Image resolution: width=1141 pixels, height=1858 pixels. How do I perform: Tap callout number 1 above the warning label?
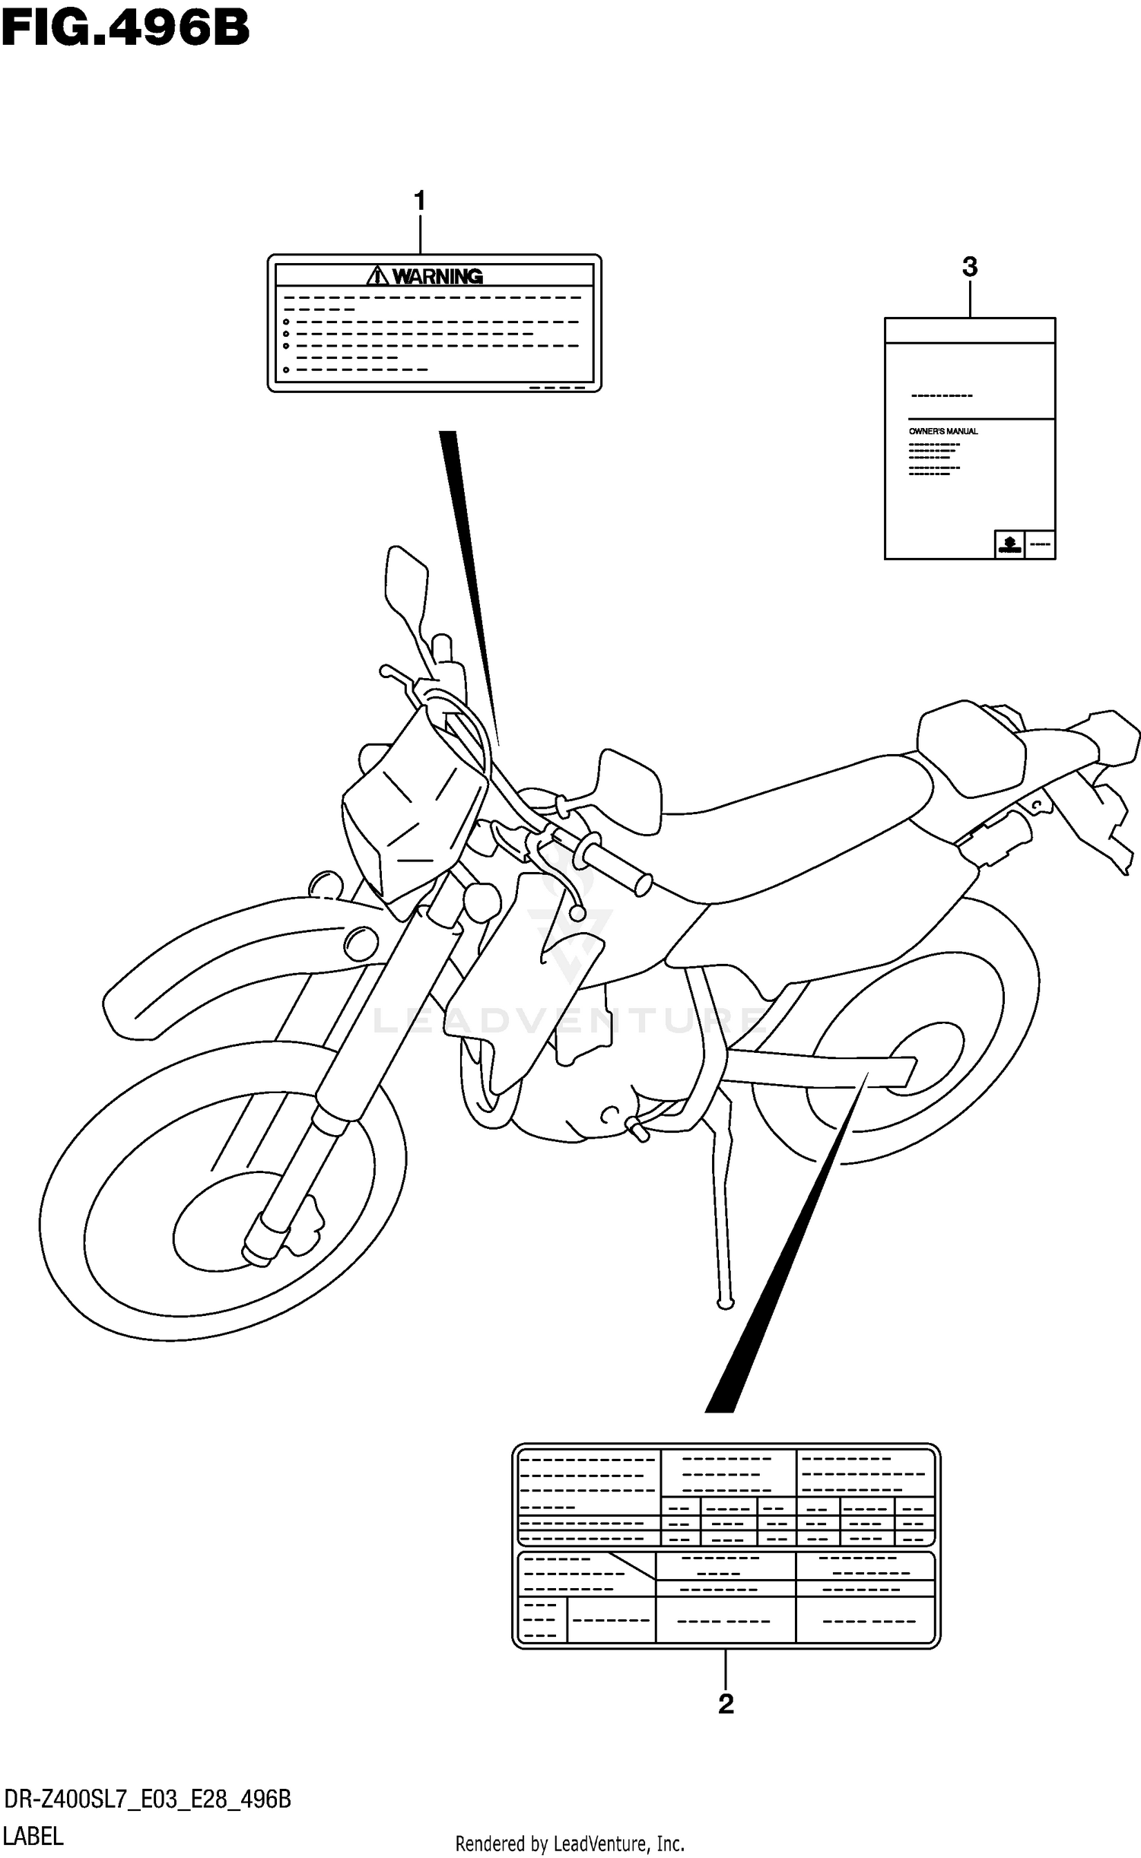419,201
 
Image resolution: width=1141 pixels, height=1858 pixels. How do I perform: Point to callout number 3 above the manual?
969,267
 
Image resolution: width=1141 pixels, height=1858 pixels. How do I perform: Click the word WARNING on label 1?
437,276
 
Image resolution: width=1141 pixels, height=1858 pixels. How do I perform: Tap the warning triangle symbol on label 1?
378,275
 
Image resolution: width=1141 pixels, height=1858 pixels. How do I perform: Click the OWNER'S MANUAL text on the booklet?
943,431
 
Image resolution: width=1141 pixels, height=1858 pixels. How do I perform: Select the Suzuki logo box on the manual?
1009,544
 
